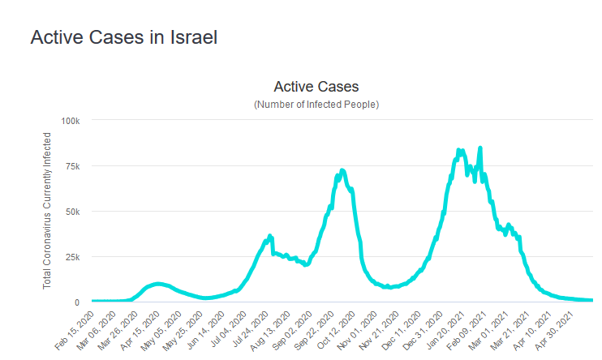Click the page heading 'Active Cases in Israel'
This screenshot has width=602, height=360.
click(x=124, y=38)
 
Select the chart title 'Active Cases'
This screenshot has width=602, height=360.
click(x=316, y=87)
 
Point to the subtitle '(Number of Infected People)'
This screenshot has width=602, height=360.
click(x=316, y=105)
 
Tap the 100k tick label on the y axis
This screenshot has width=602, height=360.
click(x=71, y=121)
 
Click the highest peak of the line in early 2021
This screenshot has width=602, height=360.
click(x=480, y=148)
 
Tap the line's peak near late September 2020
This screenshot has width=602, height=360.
click(x=342, y=170)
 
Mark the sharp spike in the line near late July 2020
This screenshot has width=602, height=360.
click(x=270, y=236)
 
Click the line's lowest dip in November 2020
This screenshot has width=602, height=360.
click(x=389, y=287)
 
